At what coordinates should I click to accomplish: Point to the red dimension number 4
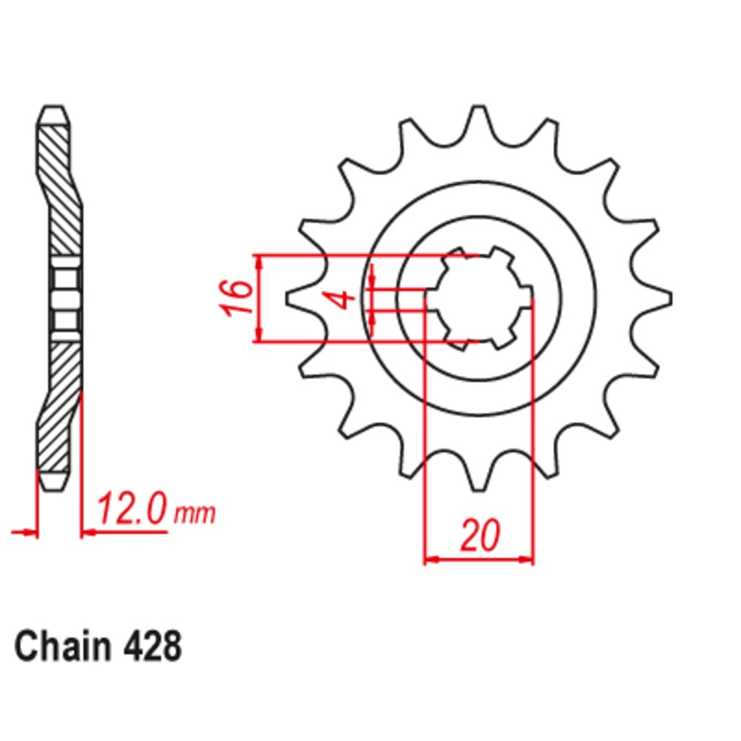coord(342,299)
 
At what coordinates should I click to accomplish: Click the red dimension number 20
coord(479,536)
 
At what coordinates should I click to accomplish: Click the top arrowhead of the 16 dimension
coord(258,262)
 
